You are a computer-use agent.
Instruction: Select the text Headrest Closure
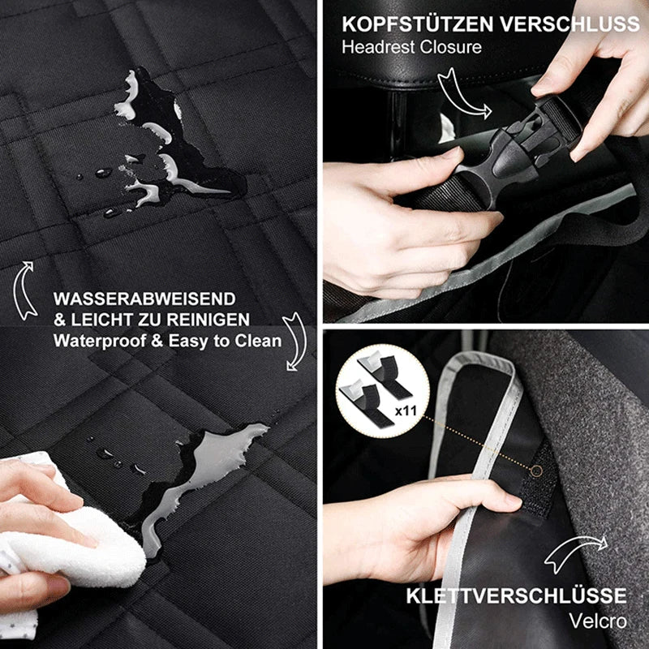[x=411, y=46]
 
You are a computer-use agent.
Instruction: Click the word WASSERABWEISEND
[x=144, y=299]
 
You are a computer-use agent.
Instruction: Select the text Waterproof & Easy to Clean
[x=167, y=341]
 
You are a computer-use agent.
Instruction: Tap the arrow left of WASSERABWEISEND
[x=26, y=288]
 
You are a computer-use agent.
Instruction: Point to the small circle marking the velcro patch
[x=537, y=471]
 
